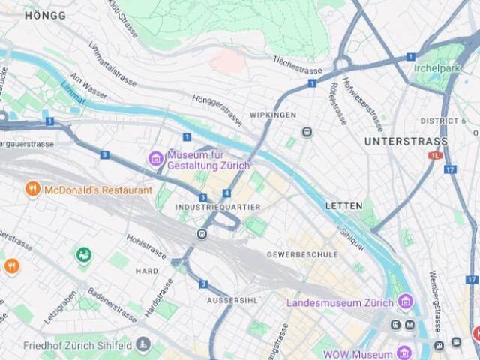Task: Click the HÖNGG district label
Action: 45,15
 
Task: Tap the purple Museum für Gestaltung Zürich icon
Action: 156,158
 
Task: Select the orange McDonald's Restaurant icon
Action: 32,190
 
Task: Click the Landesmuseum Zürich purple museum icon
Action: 406,302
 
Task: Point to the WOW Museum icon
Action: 404,352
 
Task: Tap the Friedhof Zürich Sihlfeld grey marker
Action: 143,345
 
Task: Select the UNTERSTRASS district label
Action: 405,141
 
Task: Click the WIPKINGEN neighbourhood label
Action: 273,115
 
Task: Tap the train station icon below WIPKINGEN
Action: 307,132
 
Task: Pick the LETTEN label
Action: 343,205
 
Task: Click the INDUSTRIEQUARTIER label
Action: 217,206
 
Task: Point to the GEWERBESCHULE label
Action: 302,255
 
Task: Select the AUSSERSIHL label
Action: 231,300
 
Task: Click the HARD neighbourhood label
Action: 147,271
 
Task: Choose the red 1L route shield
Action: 436,155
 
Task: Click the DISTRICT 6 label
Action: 443,121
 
